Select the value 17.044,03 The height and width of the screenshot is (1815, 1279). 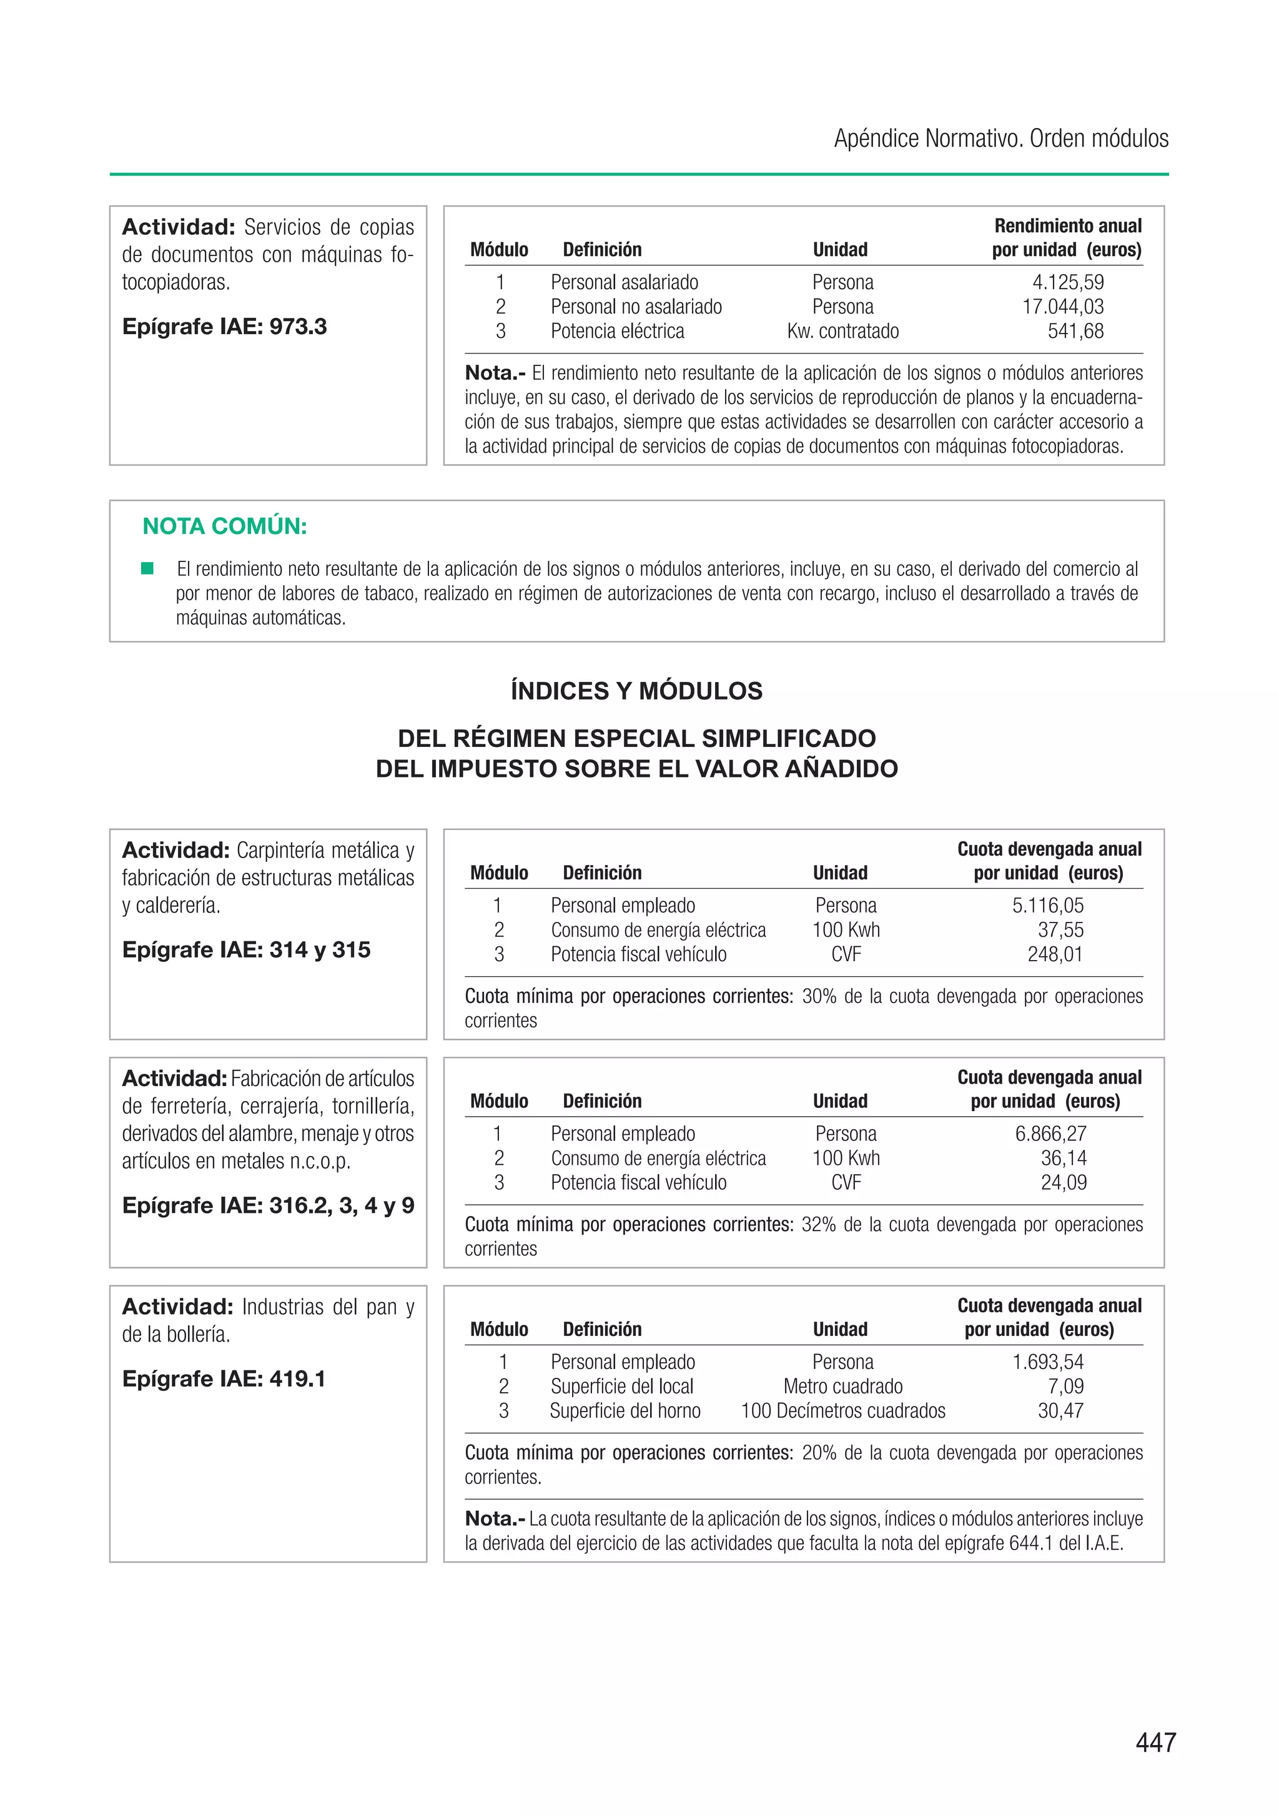1062,307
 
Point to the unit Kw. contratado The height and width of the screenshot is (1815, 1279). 842,331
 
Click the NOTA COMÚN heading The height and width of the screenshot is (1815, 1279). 224,526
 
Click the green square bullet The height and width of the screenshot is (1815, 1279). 147,568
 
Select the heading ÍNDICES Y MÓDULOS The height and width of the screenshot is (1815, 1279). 636,691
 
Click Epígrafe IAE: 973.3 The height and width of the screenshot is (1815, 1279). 224,327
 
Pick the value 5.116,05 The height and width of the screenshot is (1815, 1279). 1047,905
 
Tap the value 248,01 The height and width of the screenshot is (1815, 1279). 1055,954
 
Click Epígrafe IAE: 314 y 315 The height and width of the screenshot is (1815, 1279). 246,949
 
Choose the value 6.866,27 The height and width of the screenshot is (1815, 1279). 1050,1134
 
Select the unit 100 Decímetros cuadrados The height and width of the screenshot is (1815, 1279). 842,1411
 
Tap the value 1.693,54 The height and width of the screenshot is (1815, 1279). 1047,1362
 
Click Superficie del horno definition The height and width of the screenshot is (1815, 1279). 625,1411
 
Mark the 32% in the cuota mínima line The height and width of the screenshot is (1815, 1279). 818,1225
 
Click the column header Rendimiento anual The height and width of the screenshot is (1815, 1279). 1067,226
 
